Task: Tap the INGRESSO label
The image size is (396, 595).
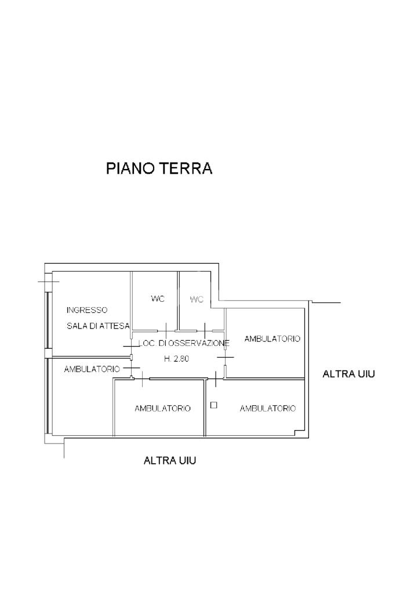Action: (86, 310)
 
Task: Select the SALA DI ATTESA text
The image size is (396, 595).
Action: (98, 326)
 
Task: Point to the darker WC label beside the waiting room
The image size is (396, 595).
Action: (158, 299)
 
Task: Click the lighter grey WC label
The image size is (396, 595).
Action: (197, 300)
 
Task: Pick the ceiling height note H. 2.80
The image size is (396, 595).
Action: (176, 359)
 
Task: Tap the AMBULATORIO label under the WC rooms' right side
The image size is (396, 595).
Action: (273, 339)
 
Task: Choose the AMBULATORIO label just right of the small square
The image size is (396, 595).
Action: (268, 409)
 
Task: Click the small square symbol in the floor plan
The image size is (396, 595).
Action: (213, 405)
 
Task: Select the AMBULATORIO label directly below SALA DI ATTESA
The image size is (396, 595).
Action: (92, 369)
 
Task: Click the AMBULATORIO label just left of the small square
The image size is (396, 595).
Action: (162, 409)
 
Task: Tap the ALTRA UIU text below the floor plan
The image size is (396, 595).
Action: (170, 460)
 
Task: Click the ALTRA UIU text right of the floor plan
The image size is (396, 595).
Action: (348, 374)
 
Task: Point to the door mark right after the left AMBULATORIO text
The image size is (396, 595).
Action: (132, 368)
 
